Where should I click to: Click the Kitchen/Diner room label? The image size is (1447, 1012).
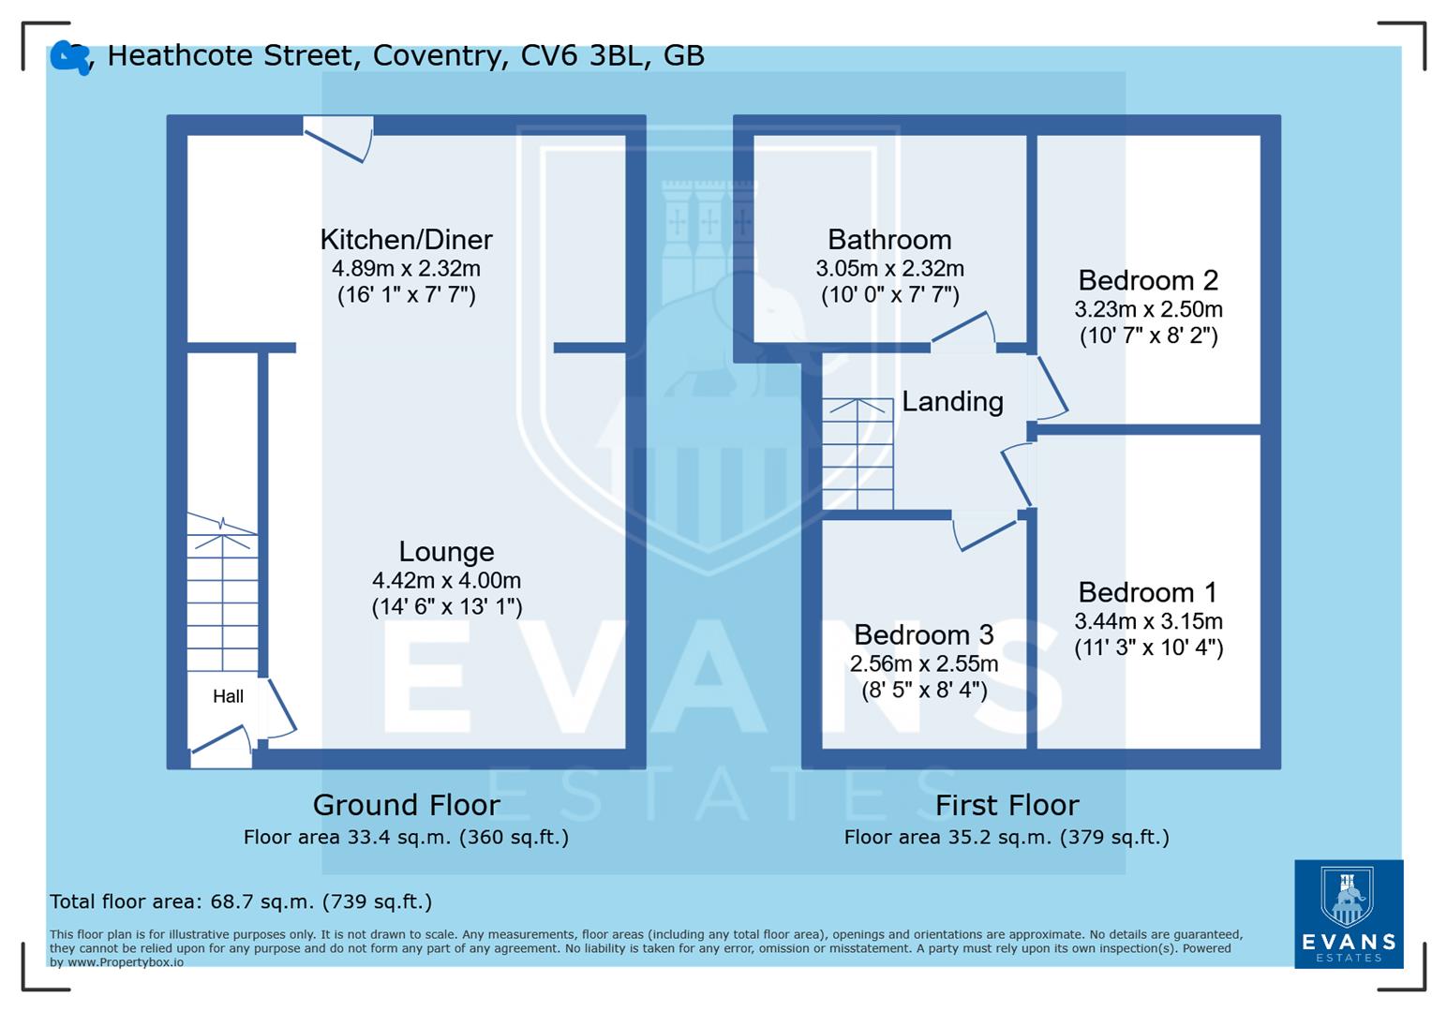(406, 240)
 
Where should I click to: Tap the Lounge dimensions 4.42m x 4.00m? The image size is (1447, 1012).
(446, 580)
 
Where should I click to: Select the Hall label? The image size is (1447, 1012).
(228, 696)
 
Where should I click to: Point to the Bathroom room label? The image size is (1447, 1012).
(889, 240)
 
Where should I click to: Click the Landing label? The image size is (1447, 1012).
(952, 402)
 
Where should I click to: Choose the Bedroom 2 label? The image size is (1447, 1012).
(1148, 280)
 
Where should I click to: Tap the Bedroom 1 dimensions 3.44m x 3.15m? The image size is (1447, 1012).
(1148, 620)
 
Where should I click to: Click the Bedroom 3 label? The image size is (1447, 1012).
(923, 635)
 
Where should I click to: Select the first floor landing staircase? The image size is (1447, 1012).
(858, 454)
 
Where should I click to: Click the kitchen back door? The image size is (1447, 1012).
(338, 139)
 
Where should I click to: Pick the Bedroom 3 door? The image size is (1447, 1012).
(984, 533)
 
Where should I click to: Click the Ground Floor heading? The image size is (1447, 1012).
(406, 805)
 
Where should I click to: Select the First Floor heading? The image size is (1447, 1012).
(1007, 805)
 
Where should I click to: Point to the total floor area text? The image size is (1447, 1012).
(241, 901)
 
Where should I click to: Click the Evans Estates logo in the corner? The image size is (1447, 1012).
(1348, 914)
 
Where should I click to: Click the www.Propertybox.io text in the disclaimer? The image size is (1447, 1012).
(125, 961)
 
